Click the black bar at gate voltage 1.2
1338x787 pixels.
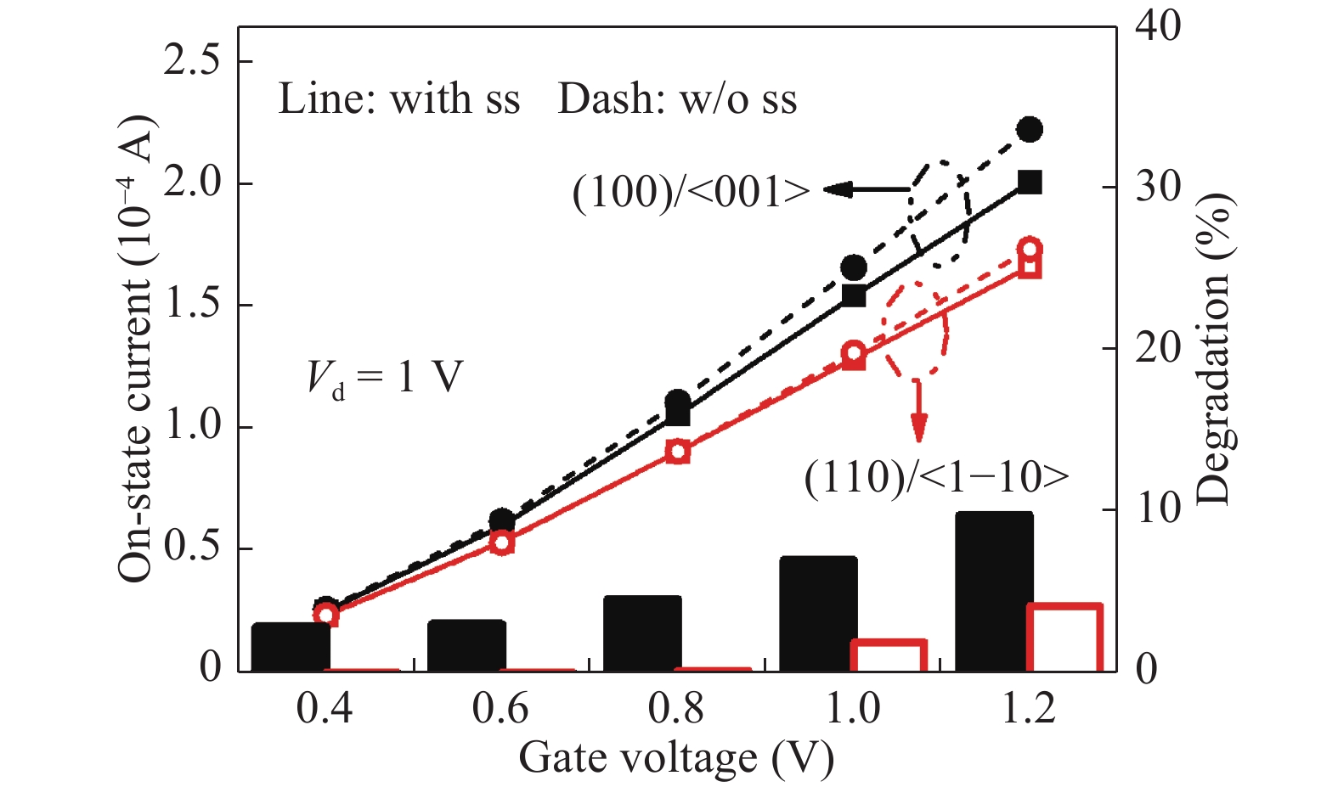994,591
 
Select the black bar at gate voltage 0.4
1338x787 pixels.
291,646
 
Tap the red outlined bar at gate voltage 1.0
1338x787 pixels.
889,655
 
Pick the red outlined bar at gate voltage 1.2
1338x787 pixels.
1064,638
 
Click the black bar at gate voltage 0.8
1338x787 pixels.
642,632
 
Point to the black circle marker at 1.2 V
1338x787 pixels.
1030,130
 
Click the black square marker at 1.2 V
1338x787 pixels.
1030,182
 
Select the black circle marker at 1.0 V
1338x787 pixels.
854,268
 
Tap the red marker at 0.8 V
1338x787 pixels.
677,452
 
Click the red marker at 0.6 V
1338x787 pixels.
502,542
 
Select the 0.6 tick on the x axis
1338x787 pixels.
500,708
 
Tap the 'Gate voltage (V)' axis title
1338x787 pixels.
676,758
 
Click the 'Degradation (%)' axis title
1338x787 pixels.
1214,348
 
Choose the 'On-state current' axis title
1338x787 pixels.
136,348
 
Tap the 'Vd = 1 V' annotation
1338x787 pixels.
385,377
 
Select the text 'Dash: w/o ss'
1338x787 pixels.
677,99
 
